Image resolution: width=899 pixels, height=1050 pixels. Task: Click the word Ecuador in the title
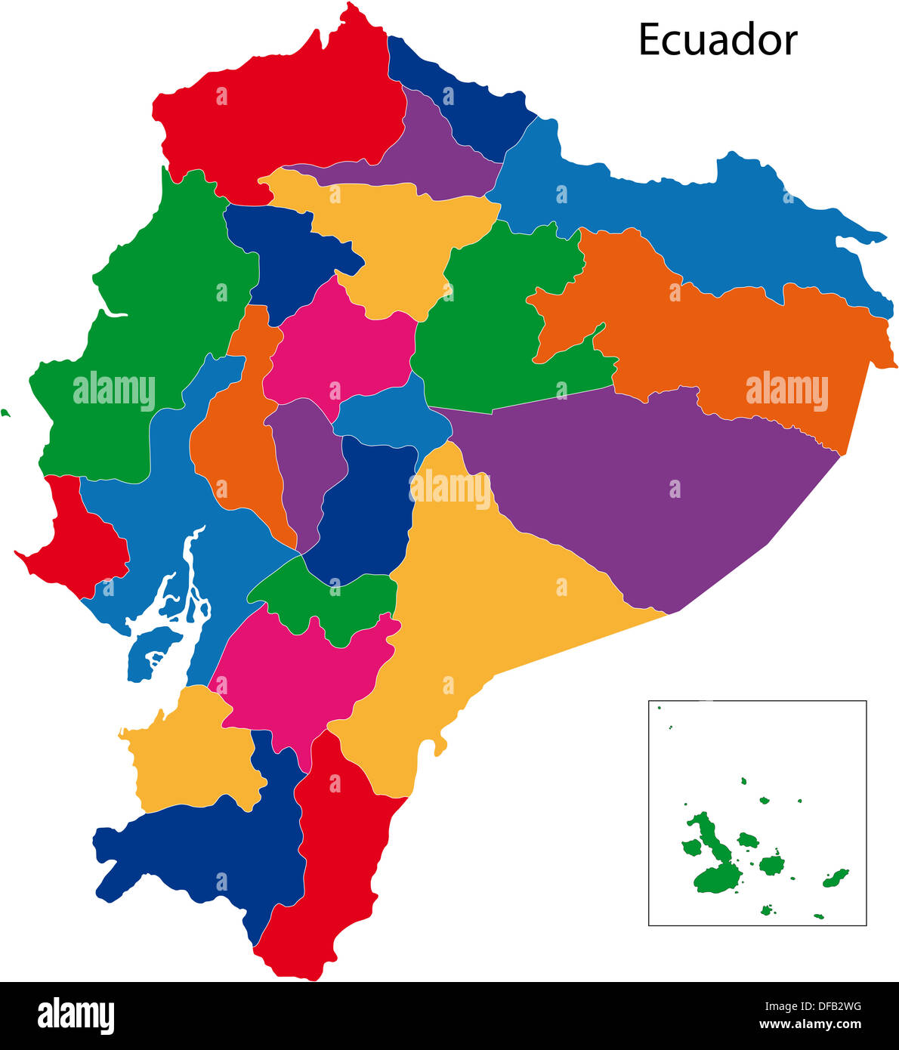tap(717, 40)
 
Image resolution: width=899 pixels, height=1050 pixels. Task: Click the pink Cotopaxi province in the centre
tap(340, 347)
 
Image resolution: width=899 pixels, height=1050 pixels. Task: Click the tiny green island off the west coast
tap(5, 413)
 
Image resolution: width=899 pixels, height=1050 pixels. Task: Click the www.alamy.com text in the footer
tap(810, 1025)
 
